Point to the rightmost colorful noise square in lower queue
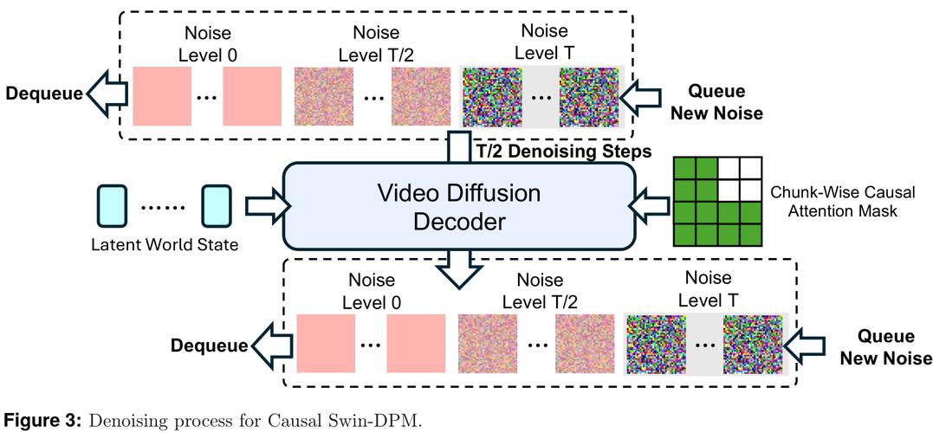[752, 345]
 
